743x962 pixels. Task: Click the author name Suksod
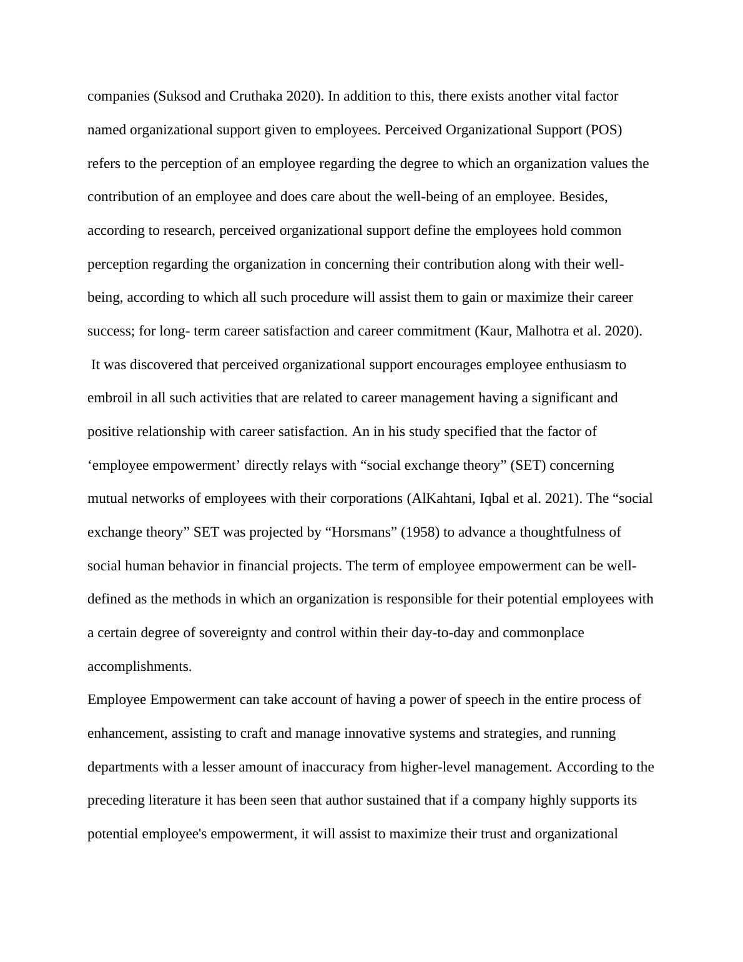point(180,96)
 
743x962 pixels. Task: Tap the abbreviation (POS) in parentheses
point(604,130)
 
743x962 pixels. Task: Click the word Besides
point(583,197)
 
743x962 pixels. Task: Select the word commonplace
point(543,633)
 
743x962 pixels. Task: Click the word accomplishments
point(139,667)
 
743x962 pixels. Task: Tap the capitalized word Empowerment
point(193,700)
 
